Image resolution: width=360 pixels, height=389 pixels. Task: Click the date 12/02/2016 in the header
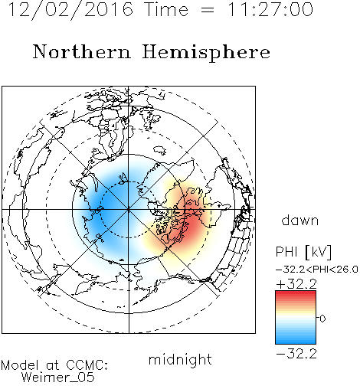(70, 9)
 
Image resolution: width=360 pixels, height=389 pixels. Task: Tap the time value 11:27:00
(270, 9)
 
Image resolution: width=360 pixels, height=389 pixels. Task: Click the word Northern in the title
(82, 51)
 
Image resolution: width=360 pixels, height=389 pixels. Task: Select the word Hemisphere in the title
(206, 53)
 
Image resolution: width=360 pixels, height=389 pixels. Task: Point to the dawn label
(300, 220)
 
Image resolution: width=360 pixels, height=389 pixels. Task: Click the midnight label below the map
(180, 360)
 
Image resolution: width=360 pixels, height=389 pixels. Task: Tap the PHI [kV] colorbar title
(303, 252)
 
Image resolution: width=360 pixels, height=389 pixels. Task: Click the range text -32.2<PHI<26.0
(316, 270)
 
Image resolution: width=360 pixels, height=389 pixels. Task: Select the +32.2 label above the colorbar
(296, 284)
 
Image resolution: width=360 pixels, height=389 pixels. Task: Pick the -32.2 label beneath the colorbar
(296, 354)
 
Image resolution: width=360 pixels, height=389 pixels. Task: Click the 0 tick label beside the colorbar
(322, 319)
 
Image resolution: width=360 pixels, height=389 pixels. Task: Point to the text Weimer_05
(58, 378)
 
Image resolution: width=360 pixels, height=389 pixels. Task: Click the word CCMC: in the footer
(87, 365)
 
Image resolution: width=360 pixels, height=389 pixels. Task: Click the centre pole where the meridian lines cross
(129, 209)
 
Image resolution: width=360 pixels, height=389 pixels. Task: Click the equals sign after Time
(207, 10)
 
